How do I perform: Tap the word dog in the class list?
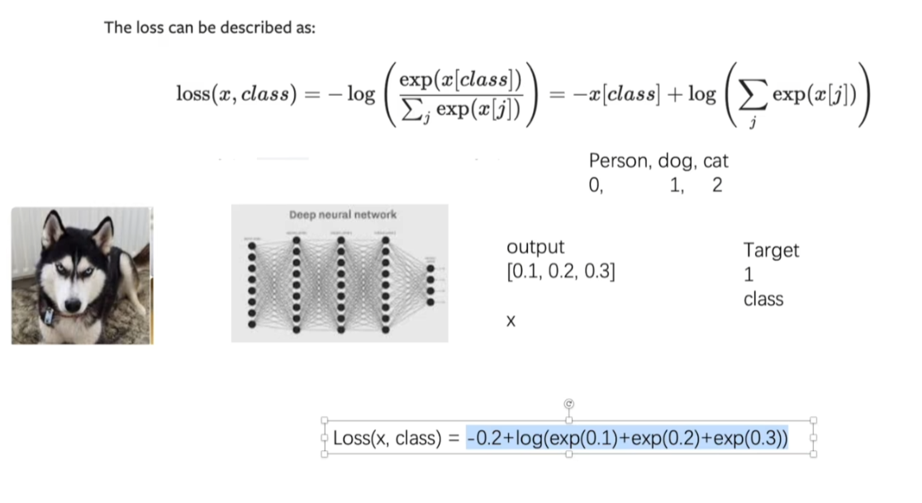click(677, 161)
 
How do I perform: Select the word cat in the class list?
click(715, 161)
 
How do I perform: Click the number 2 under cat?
click(716, 185)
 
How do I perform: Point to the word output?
click(535, 247)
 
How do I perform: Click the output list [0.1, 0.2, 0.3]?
click(560, 271)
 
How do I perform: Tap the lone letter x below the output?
click(511, 321)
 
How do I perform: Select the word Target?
click(772, 250)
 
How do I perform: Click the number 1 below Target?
click(749, 275)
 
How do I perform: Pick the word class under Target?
click(763, 299)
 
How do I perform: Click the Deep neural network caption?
click(342, 215)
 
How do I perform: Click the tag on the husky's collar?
click(49, 316)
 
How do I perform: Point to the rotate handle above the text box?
click(568, 403)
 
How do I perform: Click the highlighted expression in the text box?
click(627, 438)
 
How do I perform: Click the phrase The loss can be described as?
click(209, 27)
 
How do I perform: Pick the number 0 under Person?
click(594, 185)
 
